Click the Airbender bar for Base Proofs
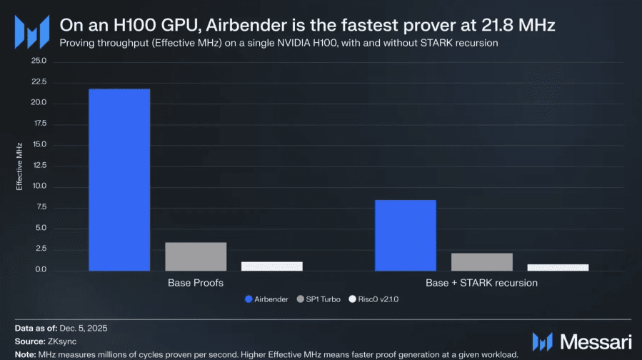coord(119,180)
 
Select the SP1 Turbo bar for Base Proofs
coord(196,256)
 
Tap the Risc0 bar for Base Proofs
coord(271,266)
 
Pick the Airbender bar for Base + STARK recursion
coord(406,235)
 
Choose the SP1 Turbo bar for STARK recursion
coord(482,261)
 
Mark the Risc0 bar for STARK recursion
coord(558,267)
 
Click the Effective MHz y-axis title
coord(21,165)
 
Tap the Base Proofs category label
coord(196,283)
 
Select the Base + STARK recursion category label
coord(481,283)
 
